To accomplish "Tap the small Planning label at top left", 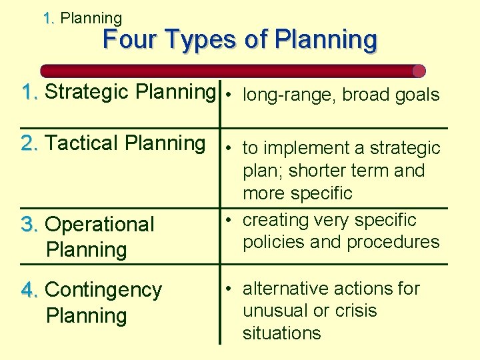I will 91,19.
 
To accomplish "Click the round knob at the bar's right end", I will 419,71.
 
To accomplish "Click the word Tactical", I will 83,143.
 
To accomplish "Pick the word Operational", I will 99,224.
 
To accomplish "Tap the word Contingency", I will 103,290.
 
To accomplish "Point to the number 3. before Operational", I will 30,224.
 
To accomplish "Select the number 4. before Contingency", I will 30,290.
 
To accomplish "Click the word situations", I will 281,333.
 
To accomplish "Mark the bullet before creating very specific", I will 229,220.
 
